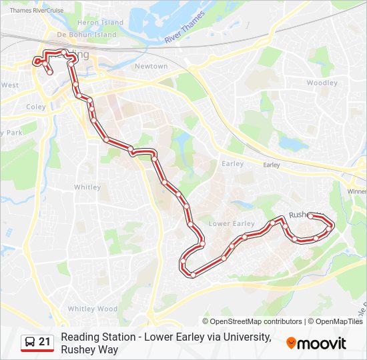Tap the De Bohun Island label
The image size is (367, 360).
point(87,34)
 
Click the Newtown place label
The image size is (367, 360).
point(151,66)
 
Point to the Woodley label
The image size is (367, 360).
point(322,83)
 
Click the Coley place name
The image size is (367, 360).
point(36,106)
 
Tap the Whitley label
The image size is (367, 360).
point(87,187)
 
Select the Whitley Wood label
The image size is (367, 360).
point(92,309)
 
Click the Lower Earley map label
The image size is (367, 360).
point(232,223)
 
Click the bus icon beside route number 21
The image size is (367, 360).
point(29,343)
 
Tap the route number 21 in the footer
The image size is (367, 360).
point(45,342)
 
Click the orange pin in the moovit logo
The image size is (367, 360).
point(291,343)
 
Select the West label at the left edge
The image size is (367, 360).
point(9,85)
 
